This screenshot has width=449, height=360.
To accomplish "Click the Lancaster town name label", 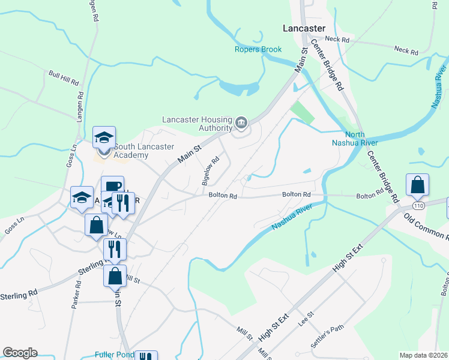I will click(x=304, y=28).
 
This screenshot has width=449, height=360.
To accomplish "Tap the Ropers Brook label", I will click(x=258, y=49).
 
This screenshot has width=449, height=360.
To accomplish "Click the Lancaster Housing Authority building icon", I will click(x=241, y=123).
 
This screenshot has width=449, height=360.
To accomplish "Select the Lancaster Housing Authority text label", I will click(x=197, y=123).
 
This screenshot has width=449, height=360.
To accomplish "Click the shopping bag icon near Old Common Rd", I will click(x=417, y=185).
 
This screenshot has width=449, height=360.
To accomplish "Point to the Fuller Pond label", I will click(x=114, y=354).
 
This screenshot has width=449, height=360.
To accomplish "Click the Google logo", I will click(x=20, y=353).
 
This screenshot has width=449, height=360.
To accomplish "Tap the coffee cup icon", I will click(x=112, y=187).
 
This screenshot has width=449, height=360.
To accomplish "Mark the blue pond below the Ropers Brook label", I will click(x=239, y=89).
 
